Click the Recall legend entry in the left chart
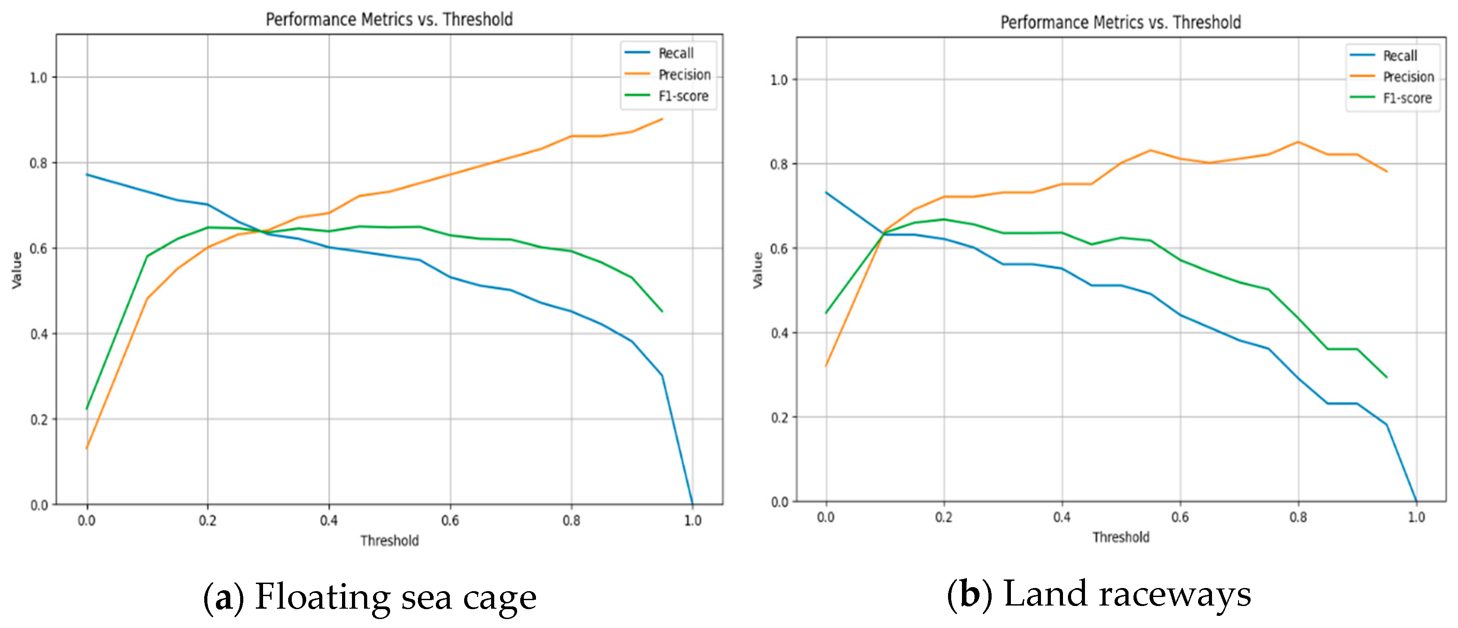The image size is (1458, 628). coord(675,53)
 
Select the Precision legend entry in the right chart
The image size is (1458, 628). coord(1408,77)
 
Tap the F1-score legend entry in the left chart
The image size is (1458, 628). coord(683,96)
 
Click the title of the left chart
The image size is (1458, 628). coord(389,19)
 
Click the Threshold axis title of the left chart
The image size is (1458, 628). coord(389,540)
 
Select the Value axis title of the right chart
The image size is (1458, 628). coord(757,270)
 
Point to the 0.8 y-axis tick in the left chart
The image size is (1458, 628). coord(39,163)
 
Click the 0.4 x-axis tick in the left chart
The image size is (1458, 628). coord(329,520)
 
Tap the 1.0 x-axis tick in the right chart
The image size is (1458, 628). coord(1416,517)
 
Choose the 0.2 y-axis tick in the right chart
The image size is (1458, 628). coord(779,417)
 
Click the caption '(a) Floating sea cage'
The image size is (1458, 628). coord(369,597)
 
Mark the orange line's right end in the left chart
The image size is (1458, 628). coord(662,119)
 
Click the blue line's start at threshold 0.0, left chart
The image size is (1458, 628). coord(87,174)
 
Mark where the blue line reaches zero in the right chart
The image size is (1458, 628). coord(1416,500)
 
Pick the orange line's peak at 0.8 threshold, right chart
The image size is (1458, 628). coord(1298,142)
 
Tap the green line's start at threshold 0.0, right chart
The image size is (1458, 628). coord(826,313)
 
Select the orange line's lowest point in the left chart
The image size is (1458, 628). coord(87,448)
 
